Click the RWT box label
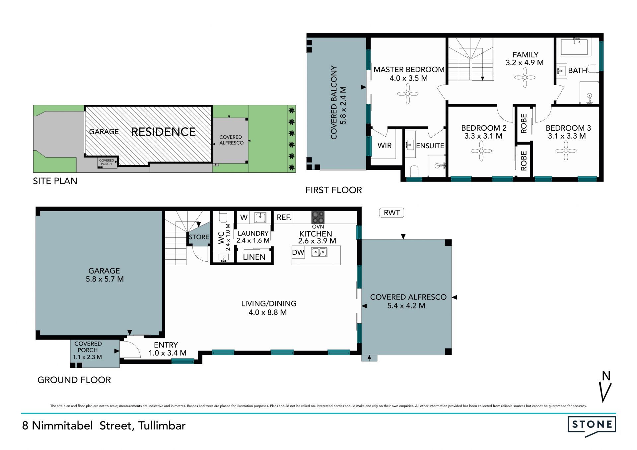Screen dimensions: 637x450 click(x=391, y=213)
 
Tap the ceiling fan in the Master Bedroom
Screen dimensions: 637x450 click(x=408, y=94)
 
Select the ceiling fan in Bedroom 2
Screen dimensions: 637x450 click(x=481, y=151)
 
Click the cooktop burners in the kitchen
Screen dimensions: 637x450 click(x=318, y=217)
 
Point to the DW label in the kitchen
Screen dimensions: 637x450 click(x=298, y=252)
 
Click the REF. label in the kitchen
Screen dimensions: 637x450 click(x=284, y=217)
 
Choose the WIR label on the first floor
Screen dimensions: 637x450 click(x=385, y=145)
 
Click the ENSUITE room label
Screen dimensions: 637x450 click(x=430, y=146)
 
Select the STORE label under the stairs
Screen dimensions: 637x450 click(x=199, y=237)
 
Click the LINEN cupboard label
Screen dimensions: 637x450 click(x=254, y=257)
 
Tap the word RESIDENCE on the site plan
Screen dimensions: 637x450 click(x=164, y=132)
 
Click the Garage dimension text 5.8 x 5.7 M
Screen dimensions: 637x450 click(x=105, y=279)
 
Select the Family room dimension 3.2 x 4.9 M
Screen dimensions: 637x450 click(x=525, y=63)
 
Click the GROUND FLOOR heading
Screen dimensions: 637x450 click(x=74, y=380)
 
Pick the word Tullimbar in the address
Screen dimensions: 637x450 click(x=162, y=425)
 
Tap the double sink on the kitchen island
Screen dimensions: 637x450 click(x=319, y=252)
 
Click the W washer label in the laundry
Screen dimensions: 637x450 click(x=244, y=218)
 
